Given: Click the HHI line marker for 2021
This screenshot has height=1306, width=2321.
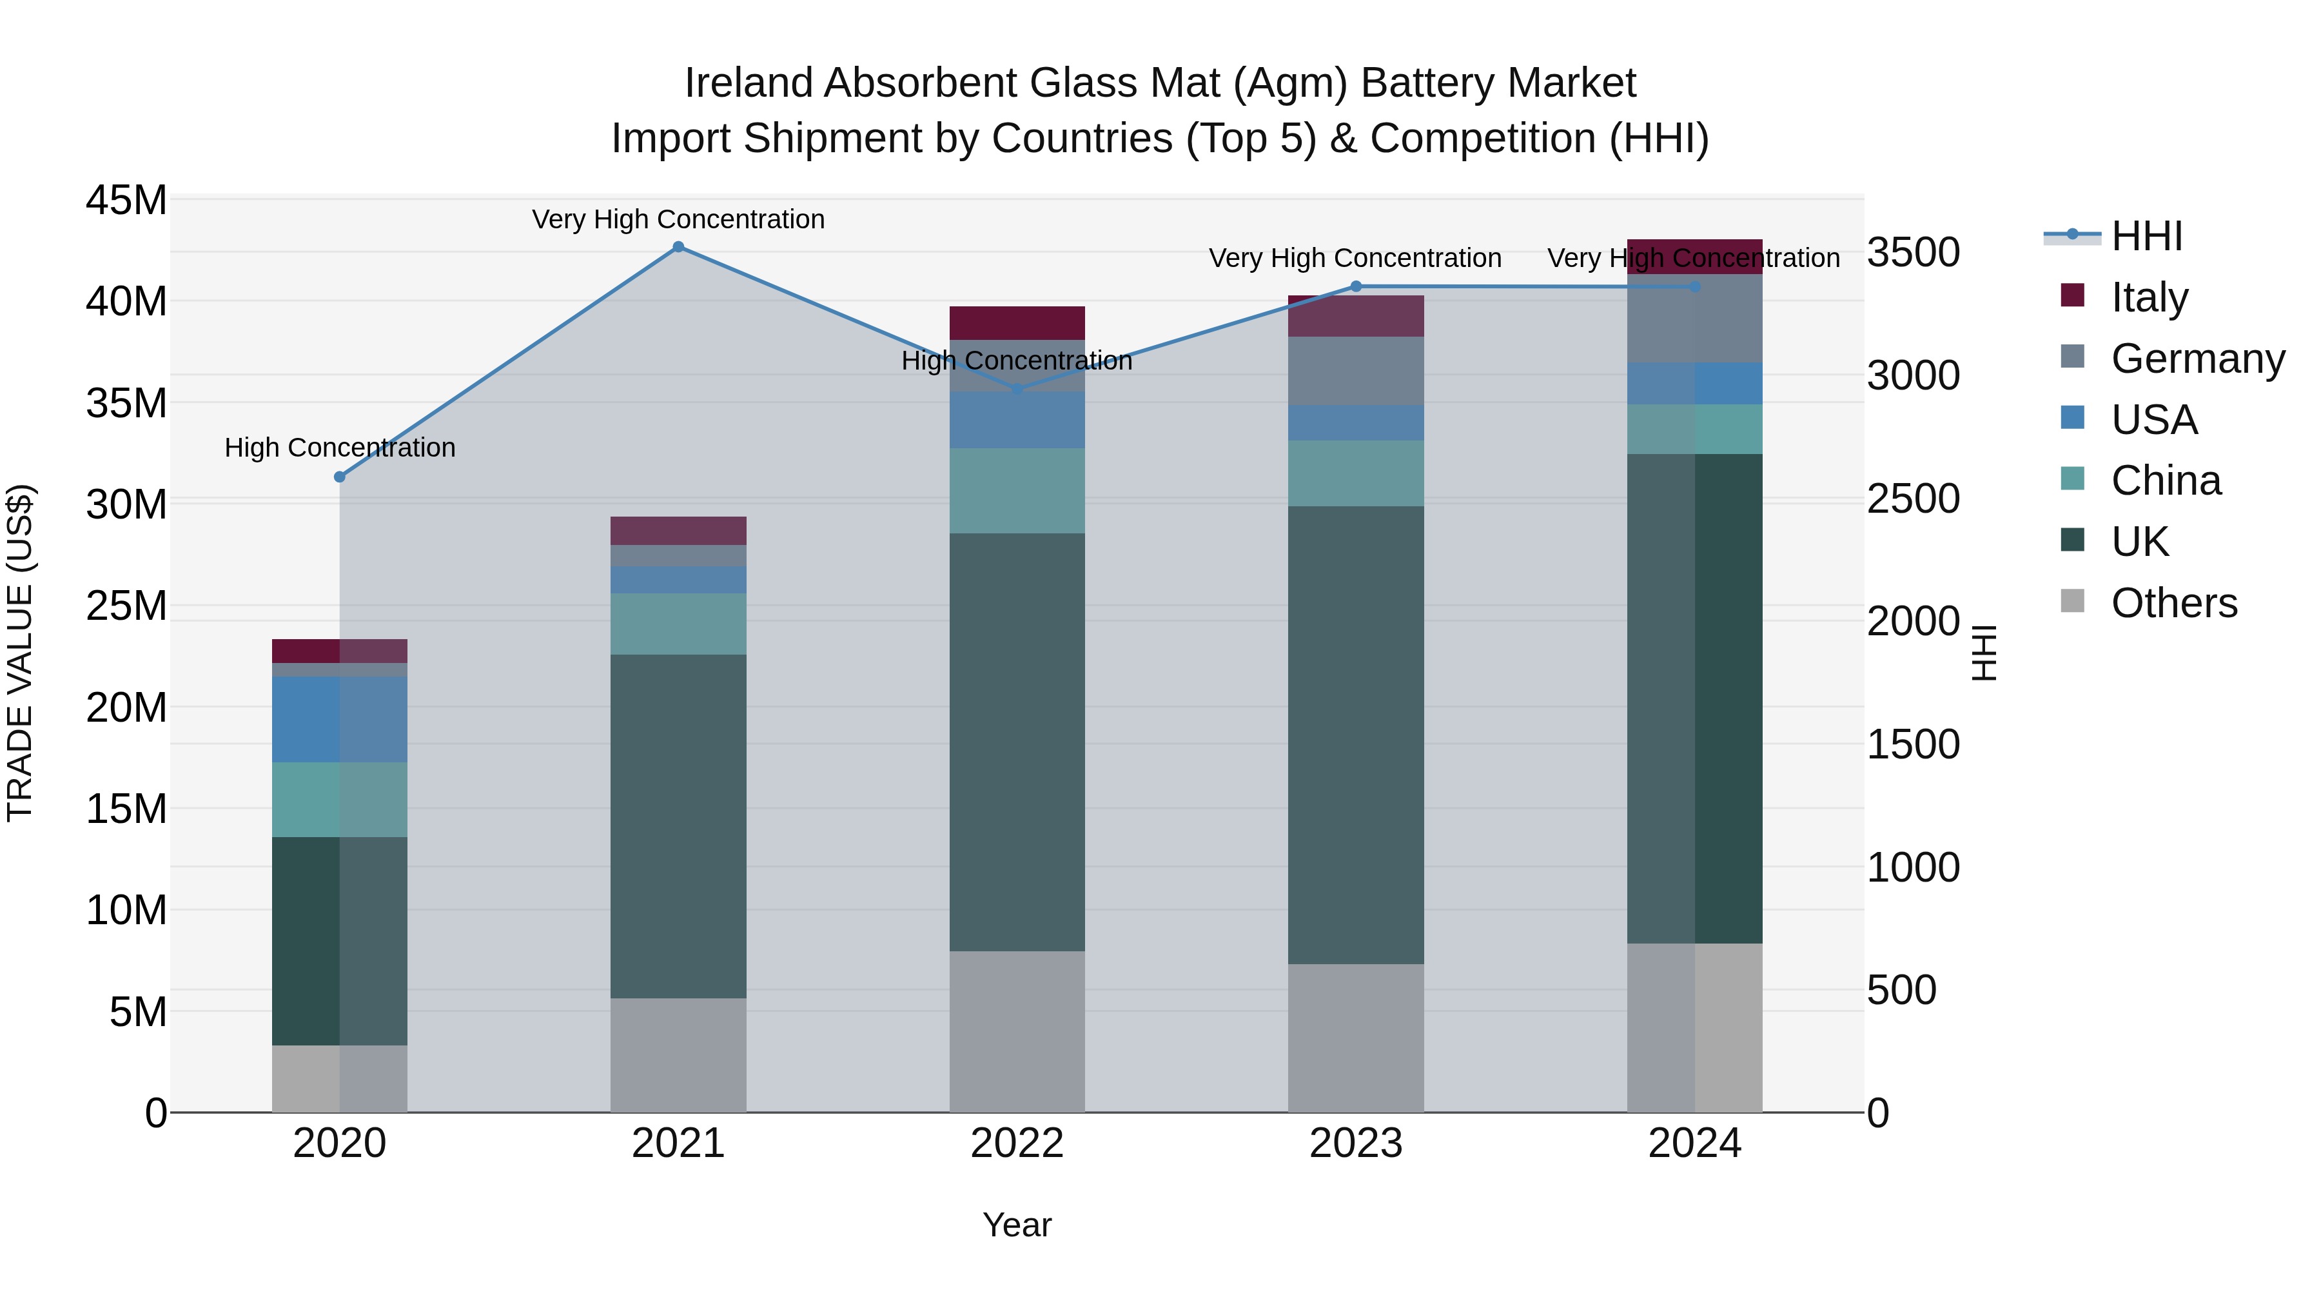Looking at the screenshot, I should tap(678, 247).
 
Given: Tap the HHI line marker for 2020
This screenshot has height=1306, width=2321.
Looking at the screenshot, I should tap(340, 477).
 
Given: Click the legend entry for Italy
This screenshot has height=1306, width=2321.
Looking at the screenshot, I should tap(2149, 297).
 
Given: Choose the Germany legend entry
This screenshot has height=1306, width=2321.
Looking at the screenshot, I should tap(2197, 359).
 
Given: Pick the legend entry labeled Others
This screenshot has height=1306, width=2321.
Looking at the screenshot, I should tap(2173, 603).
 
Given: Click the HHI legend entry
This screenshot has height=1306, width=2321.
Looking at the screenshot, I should tap(2146, 236).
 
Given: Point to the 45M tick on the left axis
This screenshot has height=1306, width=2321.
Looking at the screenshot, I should tap(126, 200).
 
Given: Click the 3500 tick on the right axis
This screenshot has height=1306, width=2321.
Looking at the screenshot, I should tap(1912, 252).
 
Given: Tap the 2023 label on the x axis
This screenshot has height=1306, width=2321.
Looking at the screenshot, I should tap(1355, 1143).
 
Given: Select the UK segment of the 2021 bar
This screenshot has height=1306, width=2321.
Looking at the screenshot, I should tap(678, 825).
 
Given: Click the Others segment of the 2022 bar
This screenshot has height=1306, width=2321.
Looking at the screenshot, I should tap(1017, 1031).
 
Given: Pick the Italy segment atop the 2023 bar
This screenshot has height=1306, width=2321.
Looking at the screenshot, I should tap(1355, 317).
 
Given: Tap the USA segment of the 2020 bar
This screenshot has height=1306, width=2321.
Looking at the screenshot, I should tap(340, 719).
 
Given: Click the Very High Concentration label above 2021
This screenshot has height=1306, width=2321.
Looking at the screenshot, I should tap(678, 219).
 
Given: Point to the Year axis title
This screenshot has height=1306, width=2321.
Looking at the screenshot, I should tap(1017, 1225).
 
